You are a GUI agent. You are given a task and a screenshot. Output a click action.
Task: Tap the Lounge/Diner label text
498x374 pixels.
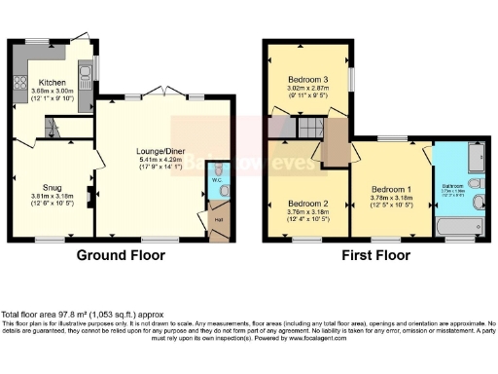[x=164, y=151]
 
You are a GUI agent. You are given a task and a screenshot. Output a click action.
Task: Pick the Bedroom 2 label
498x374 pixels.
[x=306, y=203]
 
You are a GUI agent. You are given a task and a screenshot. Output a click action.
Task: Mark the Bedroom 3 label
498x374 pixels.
[x=307, y=79]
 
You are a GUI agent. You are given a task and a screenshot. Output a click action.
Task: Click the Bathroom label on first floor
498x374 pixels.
[x=454, y=185]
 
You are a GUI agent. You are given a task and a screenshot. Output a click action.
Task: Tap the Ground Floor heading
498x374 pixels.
[x=123, y=255]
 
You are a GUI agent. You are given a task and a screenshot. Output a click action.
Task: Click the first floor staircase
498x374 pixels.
[x=310, y=129]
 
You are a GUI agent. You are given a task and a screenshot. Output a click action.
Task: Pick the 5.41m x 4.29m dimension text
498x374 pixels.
[x=164, y=160]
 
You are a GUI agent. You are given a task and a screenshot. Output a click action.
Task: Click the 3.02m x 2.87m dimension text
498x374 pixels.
[x=307, y=89]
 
